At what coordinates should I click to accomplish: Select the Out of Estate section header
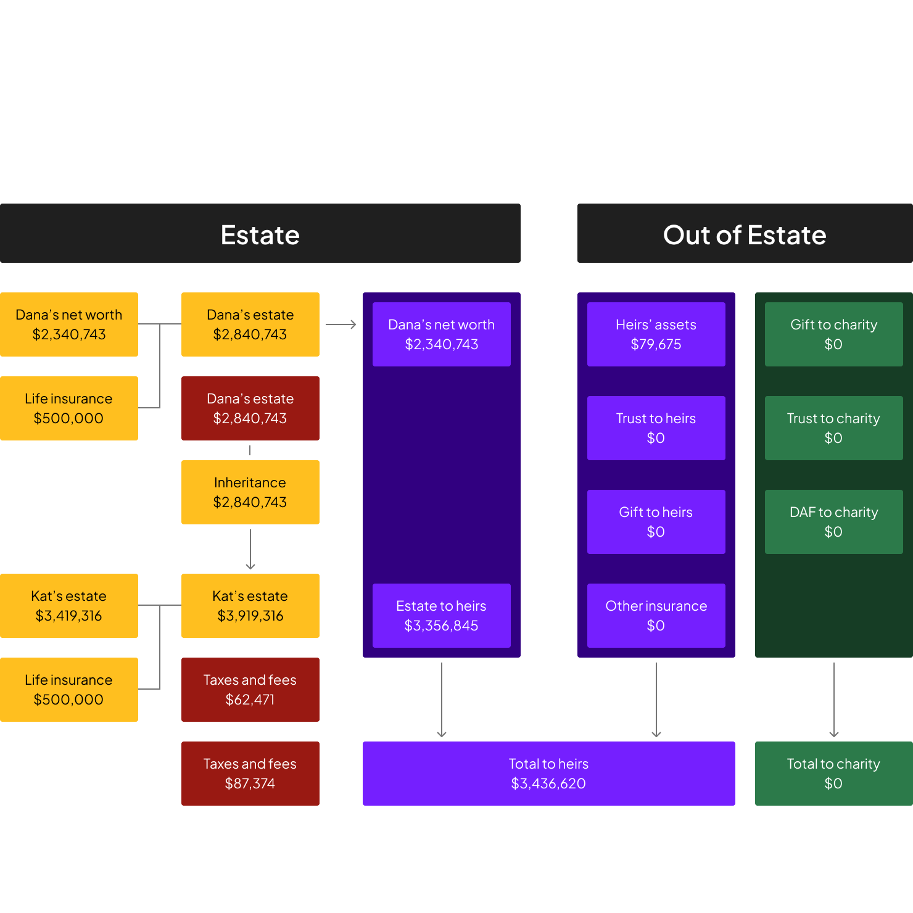(x=745, y=234)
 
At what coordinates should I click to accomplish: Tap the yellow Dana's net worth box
(x=69, y=324)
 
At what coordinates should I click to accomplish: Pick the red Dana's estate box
(x=250, y=408)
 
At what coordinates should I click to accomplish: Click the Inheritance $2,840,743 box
(x=250, y=492)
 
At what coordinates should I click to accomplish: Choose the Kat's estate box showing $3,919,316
(x=250, y=606)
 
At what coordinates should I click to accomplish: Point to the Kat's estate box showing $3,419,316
(x=69, y=606)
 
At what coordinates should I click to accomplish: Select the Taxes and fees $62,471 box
(x=250, y=690)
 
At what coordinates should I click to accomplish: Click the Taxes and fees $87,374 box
(x=250, y=774)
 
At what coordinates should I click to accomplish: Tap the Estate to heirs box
(x=441, y=616)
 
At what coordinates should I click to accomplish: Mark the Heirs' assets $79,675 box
(x=656, y=334)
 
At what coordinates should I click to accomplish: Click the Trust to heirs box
(x=656, y=428)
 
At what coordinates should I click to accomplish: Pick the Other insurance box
(x=656, y=616)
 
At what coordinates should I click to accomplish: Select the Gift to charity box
(x=833, y=334)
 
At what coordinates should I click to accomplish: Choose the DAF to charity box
(x=833, y=522)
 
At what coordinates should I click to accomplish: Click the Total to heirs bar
(x=548, y=774)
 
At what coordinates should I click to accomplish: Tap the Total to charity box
(x=833, y=774)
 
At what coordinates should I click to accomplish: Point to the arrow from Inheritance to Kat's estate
(x=250, y=549)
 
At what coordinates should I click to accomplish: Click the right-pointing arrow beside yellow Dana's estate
(x=341, y=324)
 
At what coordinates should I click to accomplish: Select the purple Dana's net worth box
(x=441, y=334)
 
